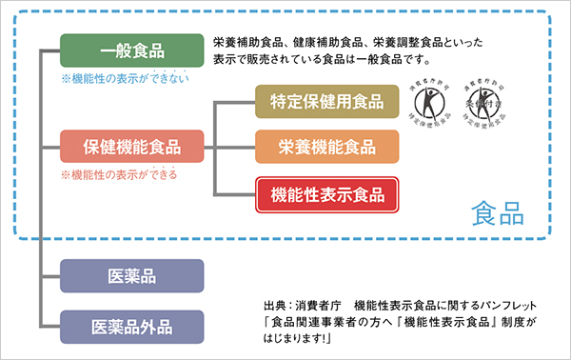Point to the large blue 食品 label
point(498,211)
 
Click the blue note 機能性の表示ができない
point(119,78)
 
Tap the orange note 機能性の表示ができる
point(119,175)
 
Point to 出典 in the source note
point(277,306)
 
